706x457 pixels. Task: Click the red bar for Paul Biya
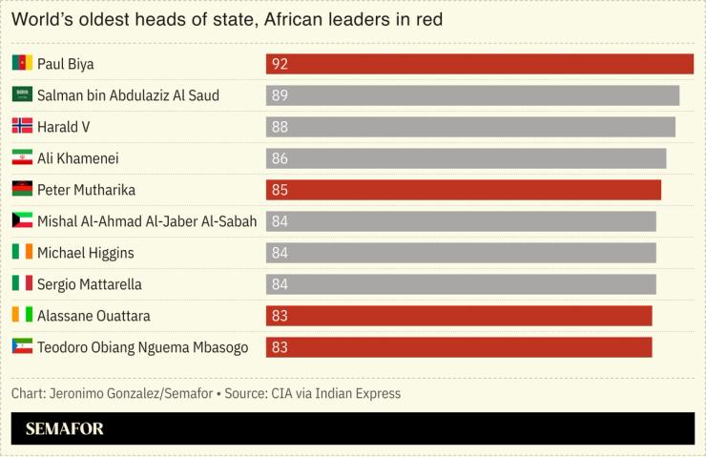point(479,64)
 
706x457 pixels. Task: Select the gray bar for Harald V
point(469,127)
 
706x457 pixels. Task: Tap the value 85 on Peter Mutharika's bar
point(280,190)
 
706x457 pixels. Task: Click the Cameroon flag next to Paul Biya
point(22,64)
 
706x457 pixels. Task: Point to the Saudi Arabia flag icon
point(22,95)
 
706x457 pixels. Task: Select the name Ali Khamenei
point(78,158)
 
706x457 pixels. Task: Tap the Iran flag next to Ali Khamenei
point(22,158)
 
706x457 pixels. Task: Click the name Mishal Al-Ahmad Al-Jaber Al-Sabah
point(147,221)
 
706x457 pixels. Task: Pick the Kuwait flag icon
point(22,221)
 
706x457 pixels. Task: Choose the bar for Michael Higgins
point(461,253)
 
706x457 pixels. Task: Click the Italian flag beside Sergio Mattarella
point(22,284)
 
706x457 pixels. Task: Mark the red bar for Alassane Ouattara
point(458,316)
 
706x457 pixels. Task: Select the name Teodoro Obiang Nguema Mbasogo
point(142,347)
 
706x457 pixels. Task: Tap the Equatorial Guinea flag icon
point(22,347)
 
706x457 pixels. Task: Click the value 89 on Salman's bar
point(280,95)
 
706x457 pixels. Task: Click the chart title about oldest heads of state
point(227,19)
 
